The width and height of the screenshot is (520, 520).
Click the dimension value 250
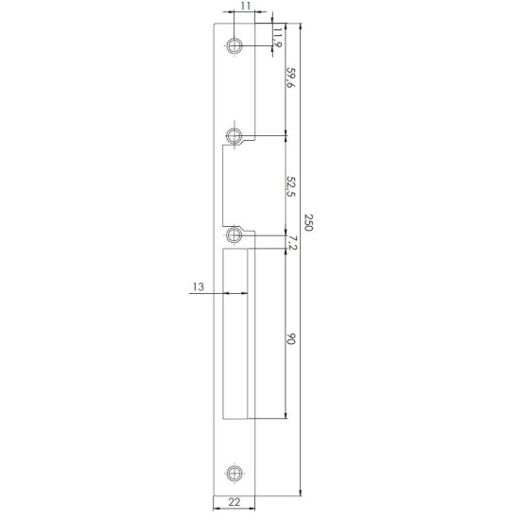[x=308, y=222]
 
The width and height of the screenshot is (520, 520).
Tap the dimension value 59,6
[x=290, y=78]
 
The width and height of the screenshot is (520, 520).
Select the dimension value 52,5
[x=290, y=186]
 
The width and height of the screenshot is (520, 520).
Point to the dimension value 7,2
[x=293, y=243]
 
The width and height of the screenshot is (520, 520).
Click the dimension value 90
[x=290, y=338]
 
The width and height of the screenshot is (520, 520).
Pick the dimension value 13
[x=199, y=286]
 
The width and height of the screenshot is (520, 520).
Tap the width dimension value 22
[x=234, y=502]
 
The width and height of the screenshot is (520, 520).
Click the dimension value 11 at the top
[x=245, y=7]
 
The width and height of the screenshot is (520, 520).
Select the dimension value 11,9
[x=277, y=38]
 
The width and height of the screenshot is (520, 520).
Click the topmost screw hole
[x=234, y=45]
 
